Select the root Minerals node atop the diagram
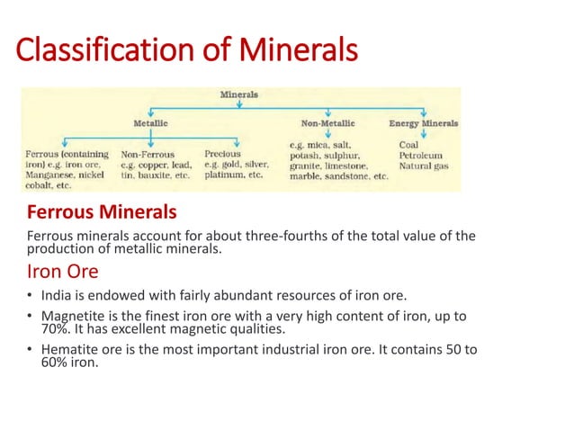[x=239, y=94]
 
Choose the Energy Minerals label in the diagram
[x=423, y=122]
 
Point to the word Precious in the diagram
[x=222, y=154]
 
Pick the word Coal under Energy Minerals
[x=408, y=143]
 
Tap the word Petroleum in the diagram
[x=420, y=155]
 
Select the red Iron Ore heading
[x=63, y=271]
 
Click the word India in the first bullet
[x=55, y=296]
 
